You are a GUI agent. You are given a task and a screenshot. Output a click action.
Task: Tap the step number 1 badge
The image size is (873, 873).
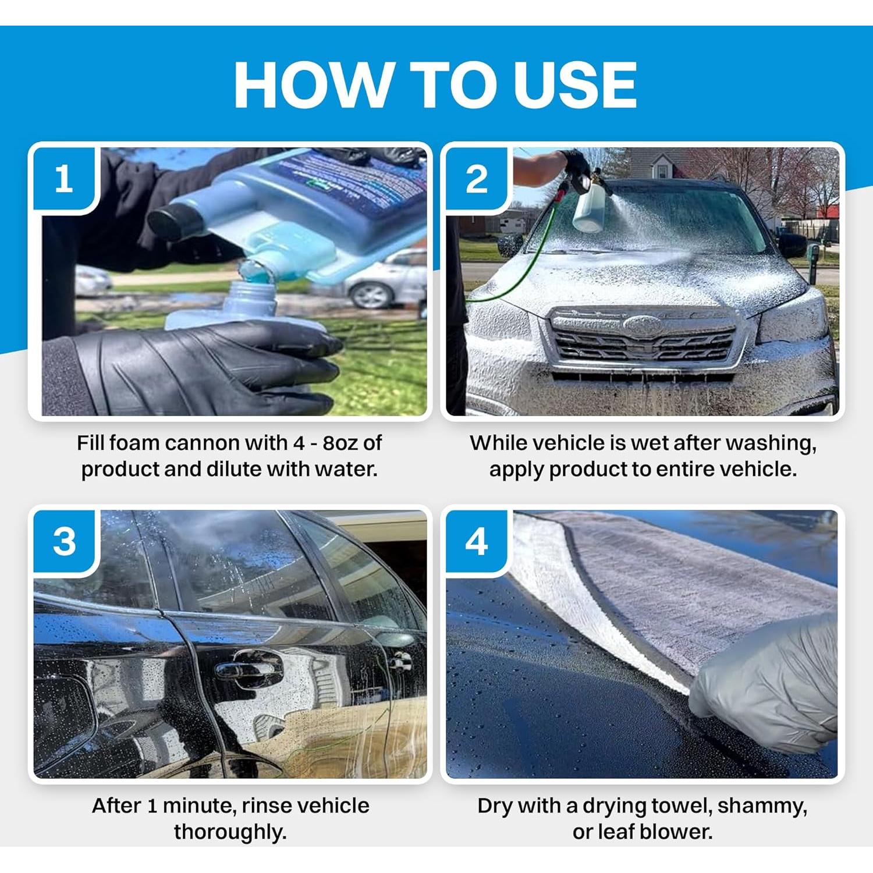tap(65, 179)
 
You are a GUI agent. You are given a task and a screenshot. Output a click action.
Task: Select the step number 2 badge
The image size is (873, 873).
tap(477, 179)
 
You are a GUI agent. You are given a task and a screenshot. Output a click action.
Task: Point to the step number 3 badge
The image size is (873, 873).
tap(65, 542)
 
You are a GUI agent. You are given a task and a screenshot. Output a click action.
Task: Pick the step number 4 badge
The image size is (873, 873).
tap(477, 542)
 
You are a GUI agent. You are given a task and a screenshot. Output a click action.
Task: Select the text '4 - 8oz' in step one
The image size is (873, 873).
tap(326, 443)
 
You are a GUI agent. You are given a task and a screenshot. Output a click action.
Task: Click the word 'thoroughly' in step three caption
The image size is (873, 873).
tap(229, 832)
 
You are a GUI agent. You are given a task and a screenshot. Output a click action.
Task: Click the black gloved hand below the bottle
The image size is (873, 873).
tap(204, 367)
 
